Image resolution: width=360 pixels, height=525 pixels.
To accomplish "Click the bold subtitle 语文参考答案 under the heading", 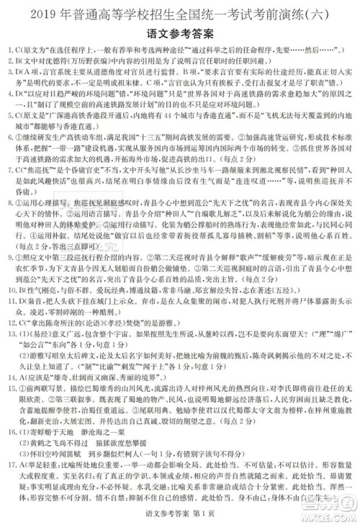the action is (x=180, y=33).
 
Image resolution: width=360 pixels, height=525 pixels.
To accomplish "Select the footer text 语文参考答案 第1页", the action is (x=179, y=513).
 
